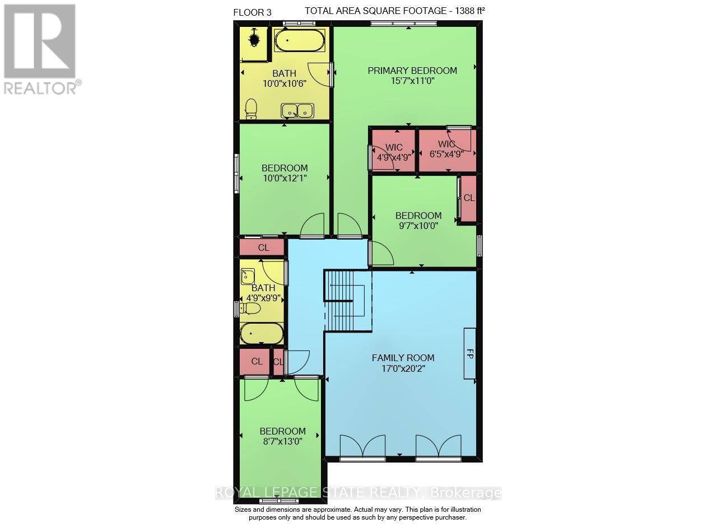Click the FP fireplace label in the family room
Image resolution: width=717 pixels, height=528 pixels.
point(470,354)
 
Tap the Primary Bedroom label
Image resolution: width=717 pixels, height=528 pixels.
point(412,71)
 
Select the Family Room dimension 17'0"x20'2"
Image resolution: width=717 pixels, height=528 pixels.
point(403,368)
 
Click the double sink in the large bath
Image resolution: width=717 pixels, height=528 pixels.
point(297,111)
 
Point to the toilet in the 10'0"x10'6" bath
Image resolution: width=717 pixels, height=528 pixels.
point(251,109)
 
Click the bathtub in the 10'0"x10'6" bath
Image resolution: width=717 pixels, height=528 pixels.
point(300,40)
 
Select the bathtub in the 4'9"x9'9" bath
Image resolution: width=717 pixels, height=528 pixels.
point(262,333)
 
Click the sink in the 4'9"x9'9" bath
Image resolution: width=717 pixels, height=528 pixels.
point(248,276)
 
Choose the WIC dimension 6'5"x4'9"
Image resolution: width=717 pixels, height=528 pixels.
point(446,154)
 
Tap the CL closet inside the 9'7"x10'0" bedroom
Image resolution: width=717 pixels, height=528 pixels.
point(469,198)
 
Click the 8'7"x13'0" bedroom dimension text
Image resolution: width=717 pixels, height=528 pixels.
point(283,441)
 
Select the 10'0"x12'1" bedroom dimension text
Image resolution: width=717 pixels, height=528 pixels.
point(285,178)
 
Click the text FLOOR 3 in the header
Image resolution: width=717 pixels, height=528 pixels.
point(252,12)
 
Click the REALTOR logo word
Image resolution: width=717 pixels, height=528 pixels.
point(40,88)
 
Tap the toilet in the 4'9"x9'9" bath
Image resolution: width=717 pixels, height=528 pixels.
point(250,309)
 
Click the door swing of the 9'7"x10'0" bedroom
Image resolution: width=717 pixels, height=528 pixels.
point(383,253)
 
